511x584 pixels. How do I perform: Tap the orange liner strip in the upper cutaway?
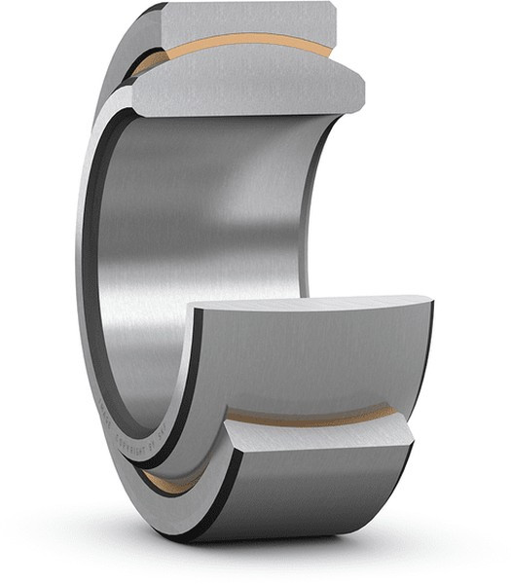(243, 43)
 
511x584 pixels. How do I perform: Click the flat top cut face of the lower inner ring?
(311, 310)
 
